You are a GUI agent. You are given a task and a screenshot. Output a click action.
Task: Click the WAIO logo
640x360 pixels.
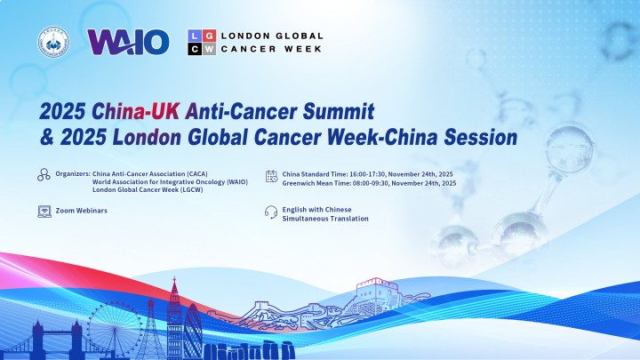pos(128,42)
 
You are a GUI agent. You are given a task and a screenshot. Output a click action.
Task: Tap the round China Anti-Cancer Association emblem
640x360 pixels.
pos(53,42)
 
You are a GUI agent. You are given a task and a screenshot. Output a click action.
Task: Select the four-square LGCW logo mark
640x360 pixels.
pos(202,42)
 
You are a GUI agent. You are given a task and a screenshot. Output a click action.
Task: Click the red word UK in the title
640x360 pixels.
pos(165,111)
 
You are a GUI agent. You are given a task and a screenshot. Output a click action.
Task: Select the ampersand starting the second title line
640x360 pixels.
pos(47,138)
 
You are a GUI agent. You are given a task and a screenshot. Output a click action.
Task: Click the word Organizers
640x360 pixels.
pos(73,174)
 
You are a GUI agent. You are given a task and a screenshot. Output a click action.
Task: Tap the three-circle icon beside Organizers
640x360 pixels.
pos(44,175)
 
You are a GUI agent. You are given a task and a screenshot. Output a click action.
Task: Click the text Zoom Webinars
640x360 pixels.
pos(82,211)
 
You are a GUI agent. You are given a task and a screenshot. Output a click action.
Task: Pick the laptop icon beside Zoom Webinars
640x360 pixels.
pos(44,212)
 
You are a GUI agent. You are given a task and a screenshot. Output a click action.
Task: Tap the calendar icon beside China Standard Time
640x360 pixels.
pos(271,176)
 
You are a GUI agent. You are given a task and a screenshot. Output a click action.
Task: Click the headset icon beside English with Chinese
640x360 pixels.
pos(271,212)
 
